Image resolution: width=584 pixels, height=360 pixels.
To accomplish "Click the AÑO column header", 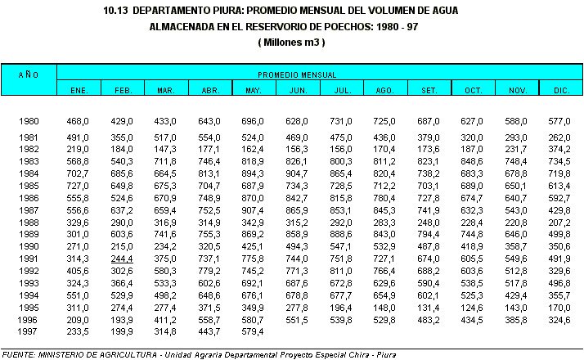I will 29,74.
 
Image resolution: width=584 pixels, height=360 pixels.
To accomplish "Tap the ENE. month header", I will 78,88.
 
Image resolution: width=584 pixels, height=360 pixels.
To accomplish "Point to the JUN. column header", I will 297,88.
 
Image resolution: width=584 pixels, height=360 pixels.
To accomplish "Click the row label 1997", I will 29,332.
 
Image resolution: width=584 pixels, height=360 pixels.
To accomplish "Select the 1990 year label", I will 29,247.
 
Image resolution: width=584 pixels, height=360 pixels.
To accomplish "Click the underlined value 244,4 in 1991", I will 122,259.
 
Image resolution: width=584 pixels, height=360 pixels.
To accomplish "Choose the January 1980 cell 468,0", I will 78,121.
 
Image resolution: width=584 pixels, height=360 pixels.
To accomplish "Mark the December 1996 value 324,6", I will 559,320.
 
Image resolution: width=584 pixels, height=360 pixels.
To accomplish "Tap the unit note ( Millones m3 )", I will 292,41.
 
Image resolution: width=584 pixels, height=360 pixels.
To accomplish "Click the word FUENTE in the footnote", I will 21,354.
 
